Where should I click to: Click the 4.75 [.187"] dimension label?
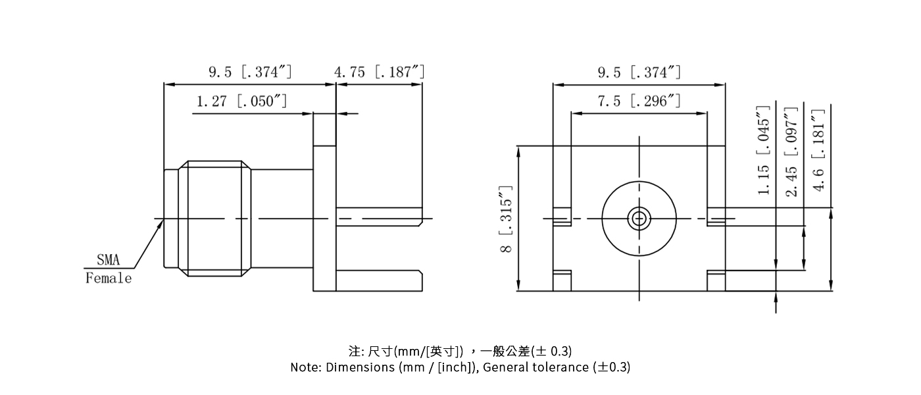(x=379, y=72)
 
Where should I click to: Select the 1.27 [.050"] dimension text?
(x=241, y=102)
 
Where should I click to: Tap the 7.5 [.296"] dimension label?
(x=639, y=102)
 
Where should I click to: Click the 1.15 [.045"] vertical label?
(x=764, y=151)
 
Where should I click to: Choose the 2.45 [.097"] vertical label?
(x=791, y=151)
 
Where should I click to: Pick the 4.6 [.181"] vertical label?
(x=819, y=151)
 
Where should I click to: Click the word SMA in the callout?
(x=109, y=260)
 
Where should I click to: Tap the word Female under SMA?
(x=109, y=278)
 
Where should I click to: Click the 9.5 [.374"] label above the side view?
(x=250, y=72)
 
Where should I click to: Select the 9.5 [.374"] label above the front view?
(x=639, y=72)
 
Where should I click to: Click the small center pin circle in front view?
(x=639, y=218)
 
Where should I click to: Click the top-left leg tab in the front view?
(x=561, y=218)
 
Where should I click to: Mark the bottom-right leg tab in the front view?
(x=716, y=281)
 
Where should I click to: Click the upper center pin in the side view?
(x=378, y=217)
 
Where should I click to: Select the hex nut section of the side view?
(x=216, y=218)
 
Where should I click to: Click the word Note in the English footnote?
(x=305, y=367)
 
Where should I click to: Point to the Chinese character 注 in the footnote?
(x=354, y=350)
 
